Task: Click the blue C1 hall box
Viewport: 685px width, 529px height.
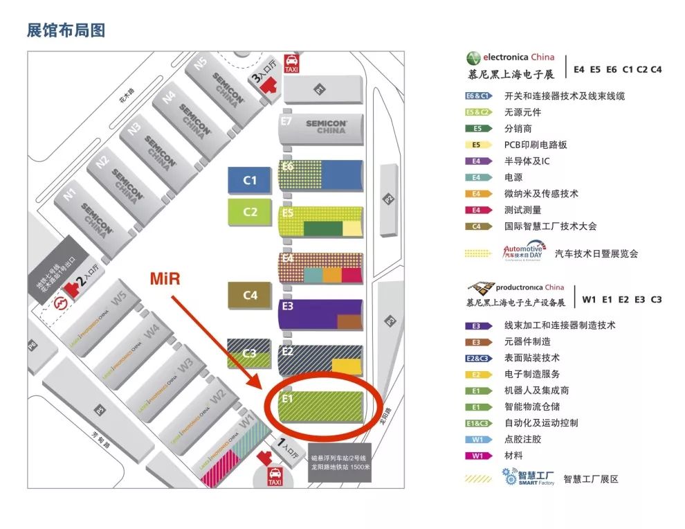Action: [250, 180]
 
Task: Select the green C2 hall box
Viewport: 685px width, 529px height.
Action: [250, 212]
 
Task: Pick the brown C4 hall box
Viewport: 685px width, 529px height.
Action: [250, 295]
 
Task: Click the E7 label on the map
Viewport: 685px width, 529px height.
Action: [286, 122]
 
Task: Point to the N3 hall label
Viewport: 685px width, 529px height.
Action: [134, 128]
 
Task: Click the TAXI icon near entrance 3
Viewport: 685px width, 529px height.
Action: [292, 63]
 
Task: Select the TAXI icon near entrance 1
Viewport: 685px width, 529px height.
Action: [275, 476]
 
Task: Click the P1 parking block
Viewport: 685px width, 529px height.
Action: [320, 89]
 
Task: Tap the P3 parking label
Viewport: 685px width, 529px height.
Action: [390, 321]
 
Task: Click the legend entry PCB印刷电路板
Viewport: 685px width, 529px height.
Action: [536, 145]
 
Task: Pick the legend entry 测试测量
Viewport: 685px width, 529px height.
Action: [522, 210]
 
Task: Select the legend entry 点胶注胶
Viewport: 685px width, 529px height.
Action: [522, 439]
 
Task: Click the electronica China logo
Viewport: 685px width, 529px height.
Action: [510, 57]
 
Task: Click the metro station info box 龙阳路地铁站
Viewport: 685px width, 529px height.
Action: [340, 462]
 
